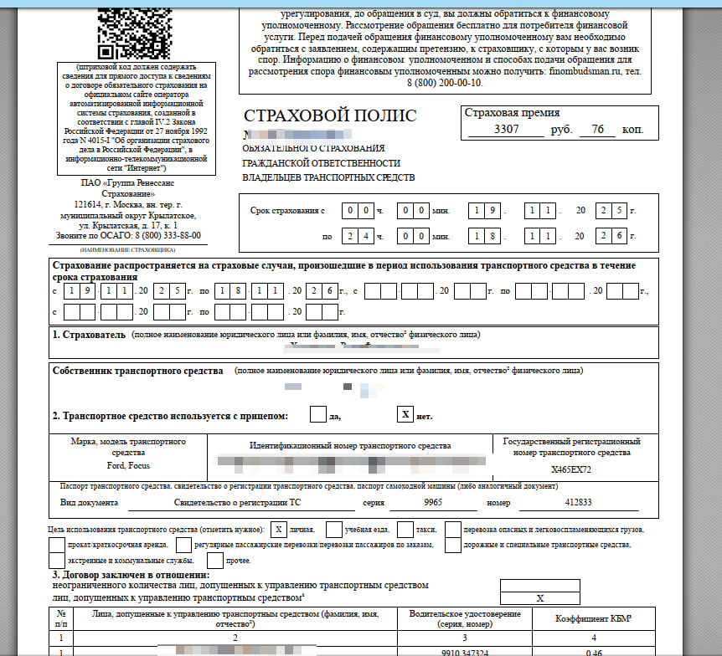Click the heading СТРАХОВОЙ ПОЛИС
tap(329, 116)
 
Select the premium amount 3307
tap(508, 130)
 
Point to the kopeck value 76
tap(596, 130)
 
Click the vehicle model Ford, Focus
tap(129, 464)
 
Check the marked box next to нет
tap(405, 414)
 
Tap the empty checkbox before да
tap(318, 414)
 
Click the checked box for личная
tap(278, 530)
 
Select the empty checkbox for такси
tap(405, 530)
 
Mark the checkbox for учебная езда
tap(333, 530)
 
